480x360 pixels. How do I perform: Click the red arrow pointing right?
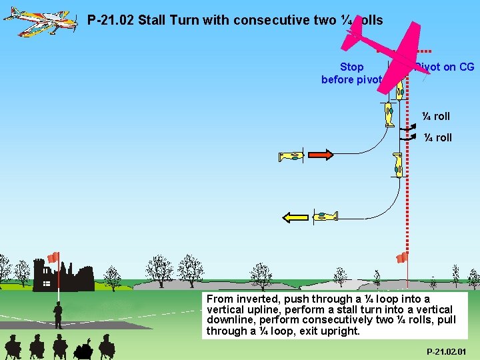320,155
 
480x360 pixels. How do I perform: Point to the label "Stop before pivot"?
351,73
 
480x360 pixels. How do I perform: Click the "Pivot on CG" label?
445,67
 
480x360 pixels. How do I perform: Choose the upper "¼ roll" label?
436,116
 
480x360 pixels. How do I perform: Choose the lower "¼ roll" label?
437,137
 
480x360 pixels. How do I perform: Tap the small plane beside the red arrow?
291,157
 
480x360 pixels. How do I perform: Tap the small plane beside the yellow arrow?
326,215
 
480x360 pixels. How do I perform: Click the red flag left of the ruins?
53,257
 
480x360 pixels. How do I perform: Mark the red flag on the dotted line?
402,257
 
